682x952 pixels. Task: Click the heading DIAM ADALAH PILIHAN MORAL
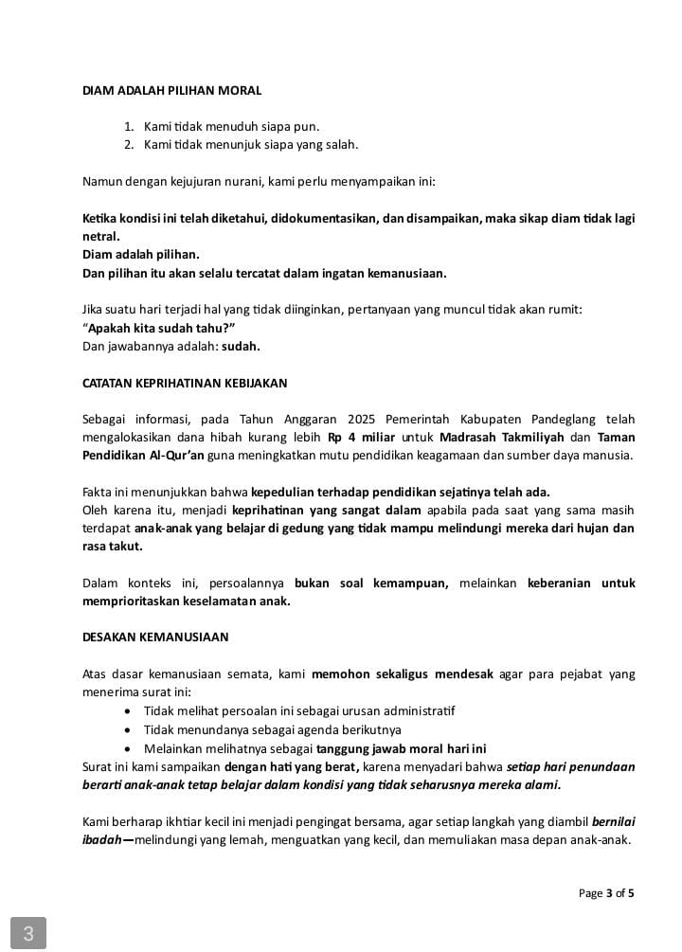coord(171,91)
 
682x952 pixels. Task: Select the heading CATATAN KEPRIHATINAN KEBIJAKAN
coord(185,383)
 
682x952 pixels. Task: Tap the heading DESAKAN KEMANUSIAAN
coord(155,637)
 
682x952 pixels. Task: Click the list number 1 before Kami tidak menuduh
coord(129,126)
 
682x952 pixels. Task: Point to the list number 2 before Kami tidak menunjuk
coord(129,145)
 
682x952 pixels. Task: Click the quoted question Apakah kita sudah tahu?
coord(158,328)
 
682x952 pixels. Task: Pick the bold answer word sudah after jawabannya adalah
coord(241,346)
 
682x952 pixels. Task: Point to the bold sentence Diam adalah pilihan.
coord(141,255)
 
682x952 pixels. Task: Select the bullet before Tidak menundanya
coord(129,729)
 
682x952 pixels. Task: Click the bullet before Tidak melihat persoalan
coord(129,711)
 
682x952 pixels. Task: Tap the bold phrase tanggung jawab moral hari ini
coord(401,747)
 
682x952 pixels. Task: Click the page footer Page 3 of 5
coord(606,892)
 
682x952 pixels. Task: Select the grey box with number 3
coord(28,933)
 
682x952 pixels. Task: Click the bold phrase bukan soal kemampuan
coord(371,583)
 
